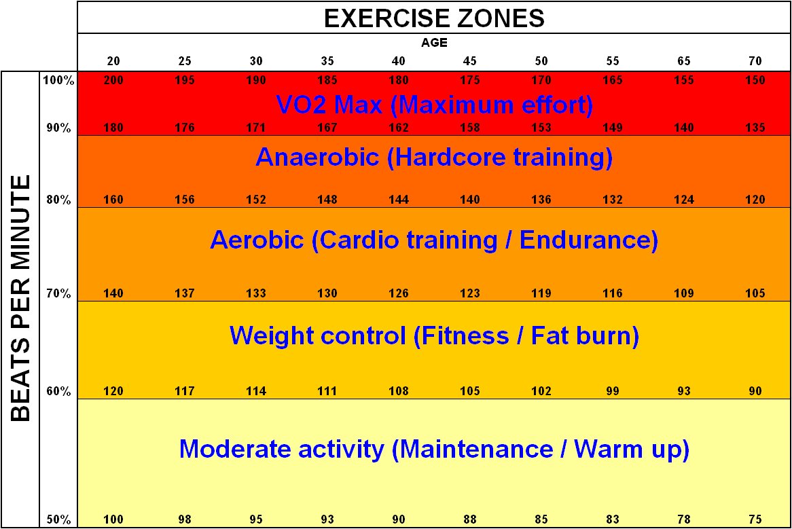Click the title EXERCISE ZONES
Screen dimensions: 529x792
pyautogui.click(x=434, y=18)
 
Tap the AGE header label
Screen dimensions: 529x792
pyautogui.click(x=434, y=42)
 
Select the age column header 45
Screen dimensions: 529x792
pyautogui.click(x=470, y=61)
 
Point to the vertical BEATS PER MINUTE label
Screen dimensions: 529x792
pyautogui.click(x=21, y=299)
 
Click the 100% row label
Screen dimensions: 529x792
pyautogui.click(x=58, y=80)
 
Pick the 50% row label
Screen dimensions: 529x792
pyautogui.click(x=58, y=520)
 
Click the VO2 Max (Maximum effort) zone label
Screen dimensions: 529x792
pyautogui.click(x=434, y=105)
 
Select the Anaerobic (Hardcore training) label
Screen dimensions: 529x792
pyautogui.click(x=434, y=158)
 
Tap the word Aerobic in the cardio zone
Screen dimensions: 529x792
pyautogui.click(x=257, y=240)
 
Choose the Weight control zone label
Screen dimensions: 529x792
pyautogui.click(x=434, y=335)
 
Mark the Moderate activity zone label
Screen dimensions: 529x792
pyautogui.click(x=434, y=449)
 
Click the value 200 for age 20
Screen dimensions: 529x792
pyautogui.click(x=113, y=80)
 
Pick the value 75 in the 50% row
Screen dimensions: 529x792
pyautogui.click(x=755, y=520)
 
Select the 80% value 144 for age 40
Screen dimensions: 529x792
pyautogui.click(x=399, y=200)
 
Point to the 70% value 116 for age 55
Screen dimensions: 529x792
pyautogui.click(x=613, y=293)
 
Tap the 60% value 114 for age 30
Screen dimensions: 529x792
pyautogui.click(x=256, y=391)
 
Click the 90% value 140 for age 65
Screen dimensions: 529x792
pyautogui.click(x=684, y=128)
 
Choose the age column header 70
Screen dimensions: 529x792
pyautogui.click(x=755, y=61)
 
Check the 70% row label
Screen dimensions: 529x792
pyautogui.click(x=58, y=293)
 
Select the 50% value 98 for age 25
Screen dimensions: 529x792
pyautogui.click(x=185, y=520)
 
